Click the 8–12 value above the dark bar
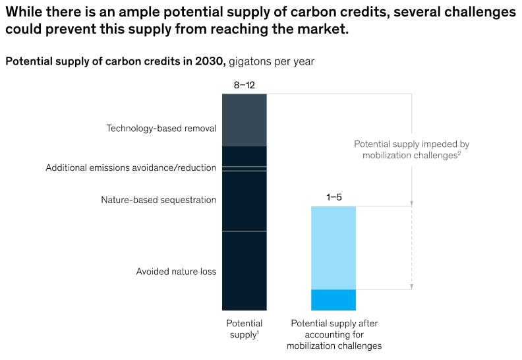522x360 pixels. (244, 85)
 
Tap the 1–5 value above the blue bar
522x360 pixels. (333, 197)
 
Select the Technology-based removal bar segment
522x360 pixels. (244, 120)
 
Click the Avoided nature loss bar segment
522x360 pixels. (244, 270)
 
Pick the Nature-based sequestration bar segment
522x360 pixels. (244, 200)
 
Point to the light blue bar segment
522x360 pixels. (333, 247)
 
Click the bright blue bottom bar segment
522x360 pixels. (333, 300)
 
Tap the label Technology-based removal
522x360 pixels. (161, 129)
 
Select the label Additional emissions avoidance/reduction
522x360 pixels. (130, 168)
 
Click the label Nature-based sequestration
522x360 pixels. (158, 200)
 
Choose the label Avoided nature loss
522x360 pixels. (176, 272)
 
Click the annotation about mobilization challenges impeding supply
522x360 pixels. (411, 150)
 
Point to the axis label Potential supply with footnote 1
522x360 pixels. (244, 328)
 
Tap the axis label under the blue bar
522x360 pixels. (333, 334)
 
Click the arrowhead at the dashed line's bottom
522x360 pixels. (411, 287)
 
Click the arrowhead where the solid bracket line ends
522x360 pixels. (411, 203)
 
